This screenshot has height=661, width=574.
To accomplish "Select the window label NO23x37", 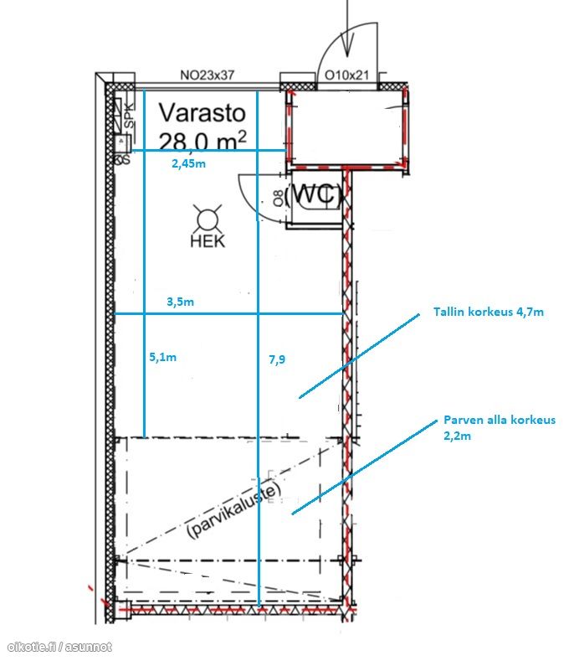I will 208,75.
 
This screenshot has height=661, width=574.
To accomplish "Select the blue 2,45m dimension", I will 188,164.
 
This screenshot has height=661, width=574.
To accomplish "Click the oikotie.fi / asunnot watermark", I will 59,646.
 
